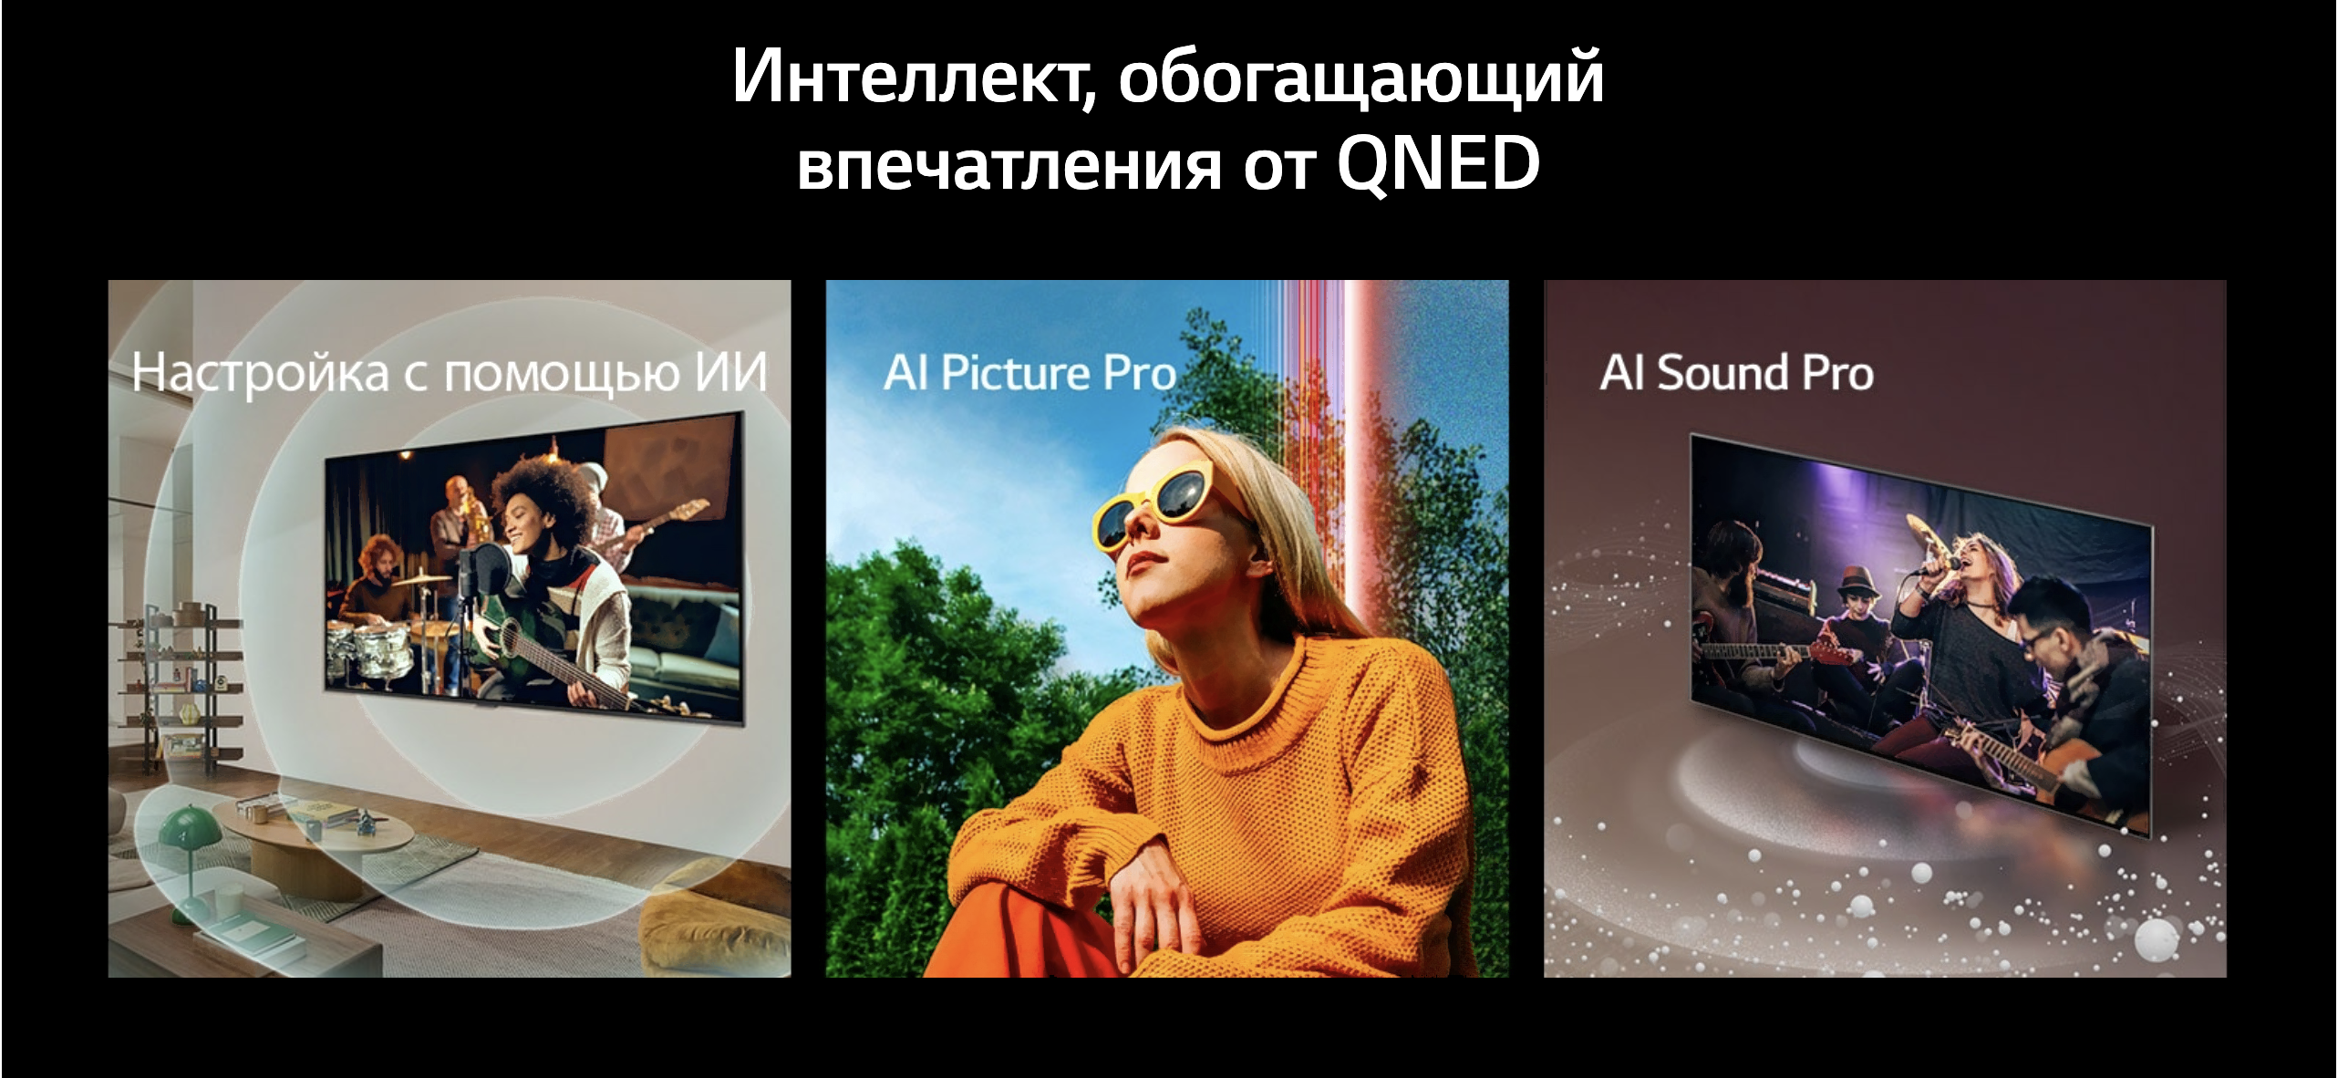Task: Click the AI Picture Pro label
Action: pyautogui.click(x=1029, y=373)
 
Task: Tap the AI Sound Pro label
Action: pyautogui.click(x=1737, y=373)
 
